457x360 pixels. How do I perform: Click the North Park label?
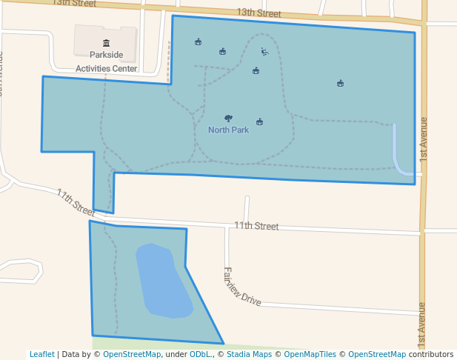coord(228,130)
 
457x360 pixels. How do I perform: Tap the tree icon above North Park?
coord(227,118)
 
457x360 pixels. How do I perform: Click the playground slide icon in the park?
coord(264,51)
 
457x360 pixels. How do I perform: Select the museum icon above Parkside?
coord(106,43)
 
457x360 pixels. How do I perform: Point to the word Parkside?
coord(106,55)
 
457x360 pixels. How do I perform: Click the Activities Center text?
coord(106,68)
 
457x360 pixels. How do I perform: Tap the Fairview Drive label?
coord(242,286)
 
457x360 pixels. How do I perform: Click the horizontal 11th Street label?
coord(256,226)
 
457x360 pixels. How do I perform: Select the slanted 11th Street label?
coord(76,201)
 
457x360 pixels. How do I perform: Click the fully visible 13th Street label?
coord(259,13)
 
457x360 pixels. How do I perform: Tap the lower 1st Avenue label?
coord(422,323)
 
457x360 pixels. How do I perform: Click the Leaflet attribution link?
coord(41,354)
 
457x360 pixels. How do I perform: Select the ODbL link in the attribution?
coord(200,354)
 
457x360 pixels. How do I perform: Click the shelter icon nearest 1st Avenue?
coord(340,83)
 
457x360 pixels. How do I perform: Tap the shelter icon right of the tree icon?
coord(259,121)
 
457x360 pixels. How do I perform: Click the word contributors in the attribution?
coord(431,354)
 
